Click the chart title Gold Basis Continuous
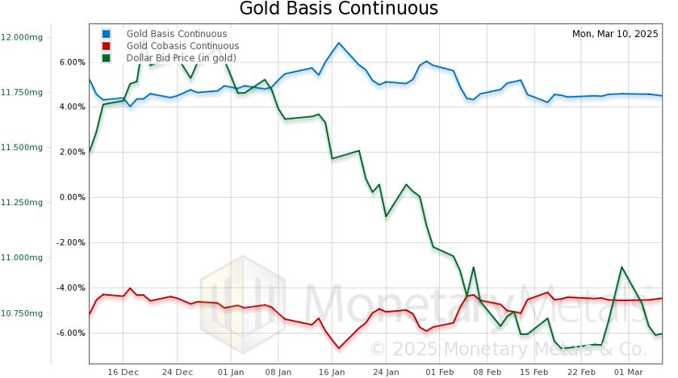tap(338, 9)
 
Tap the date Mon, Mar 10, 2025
tap(615, 34)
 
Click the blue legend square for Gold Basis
tap(106, 34)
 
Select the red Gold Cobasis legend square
tap(106, 46)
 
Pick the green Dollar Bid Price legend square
tap(106, 58)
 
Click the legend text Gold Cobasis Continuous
tap(182, 46)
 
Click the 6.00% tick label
tap(72, 62)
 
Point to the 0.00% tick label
tap(72, 197)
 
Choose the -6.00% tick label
tap(71, 333)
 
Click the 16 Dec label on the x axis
tap(123, 372)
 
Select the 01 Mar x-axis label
tap(628, 372)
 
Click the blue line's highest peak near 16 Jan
tap(339, 43)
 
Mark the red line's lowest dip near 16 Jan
tap(339, 348)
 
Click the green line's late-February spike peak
tap(621, 267)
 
